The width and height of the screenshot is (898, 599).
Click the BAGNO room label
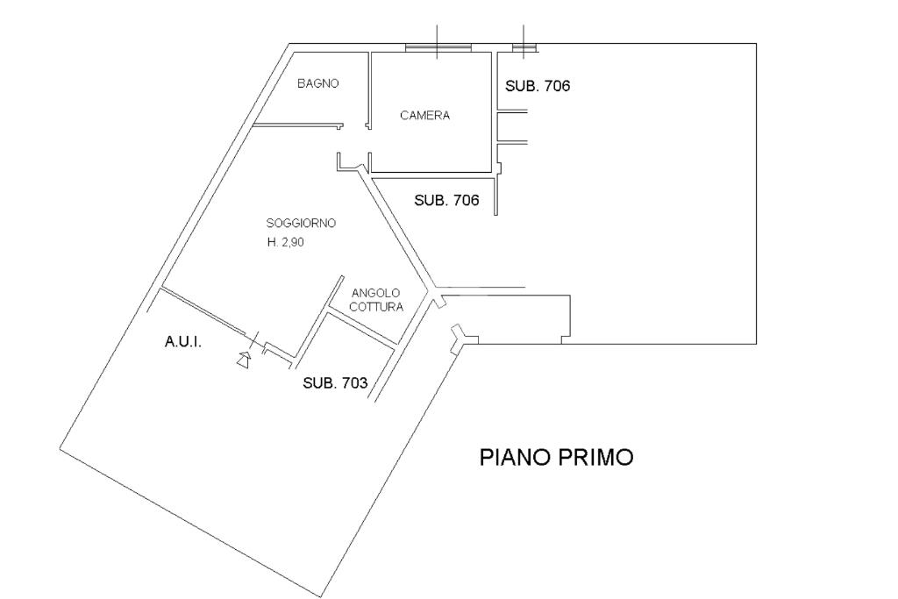click(317, 84)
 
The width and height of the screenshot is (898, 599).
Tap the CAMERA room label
click(424, 116)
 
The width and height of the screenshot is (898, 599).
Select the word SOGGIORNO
click(301, 223)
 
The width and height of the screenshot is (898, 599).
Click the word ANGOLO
click(375, 293)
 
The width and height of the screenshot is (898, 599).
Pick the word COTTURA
click(375, 307)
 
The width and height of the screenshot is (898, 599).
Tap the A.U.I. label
click(183, 342)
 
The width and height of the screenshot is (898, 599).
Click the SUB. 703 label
click(335, 383)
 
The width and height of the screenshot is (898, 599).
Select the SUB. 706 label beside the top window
click(538, 86)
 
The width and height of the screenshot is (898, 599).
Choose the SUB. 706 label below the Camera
click(446, 200)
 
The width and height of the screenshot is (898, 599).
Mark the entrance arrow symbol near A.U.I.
click(244, 358)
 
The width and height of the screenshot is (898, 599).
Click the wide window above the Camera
click(438, 46)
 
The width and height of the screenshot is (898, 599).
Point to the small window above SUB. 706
click(524, 46)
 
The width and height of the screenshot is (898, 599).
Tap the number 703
click(353, 383)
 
